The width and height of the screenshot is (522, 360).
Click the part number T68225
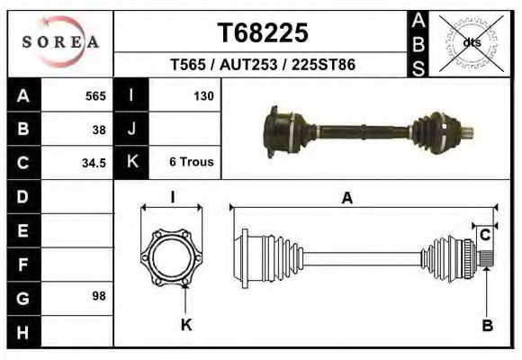click(263, 32)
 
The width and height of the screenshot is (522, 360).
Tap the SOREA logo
click(60, 41)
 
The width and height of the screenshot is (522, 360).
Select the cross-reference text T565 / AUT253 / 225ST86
click(263, 65)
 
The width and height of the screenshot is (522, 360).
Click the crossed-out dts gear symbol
click(472, 41)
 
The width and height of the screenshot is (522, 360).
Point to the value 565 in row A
click(95, 95)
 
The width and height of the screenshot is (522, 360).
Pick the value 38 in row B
click(99, 129)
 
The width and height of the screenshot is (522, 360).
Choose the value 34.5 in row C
click(94, 163)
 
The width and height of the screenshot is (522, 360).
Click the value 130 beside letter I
click(202, 95)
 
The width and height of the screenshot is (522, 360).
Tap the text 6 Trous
click(191, 163)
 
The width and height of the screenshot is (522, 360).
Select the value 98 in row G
click(99, 295)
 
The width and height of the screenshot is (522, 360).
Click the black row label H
click(22, 332)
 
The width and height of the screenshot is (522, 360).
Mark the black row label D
click(22, 196)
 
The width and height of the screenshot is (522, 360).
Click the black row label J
click(131, 129)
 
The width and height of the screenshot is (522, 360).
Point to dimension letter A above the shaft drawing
click(346, 199)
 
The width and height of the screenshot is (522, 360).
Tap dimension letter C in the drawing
click(484, 236)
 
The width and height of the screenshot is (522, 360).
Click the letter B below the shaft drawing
click(487, 326)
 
